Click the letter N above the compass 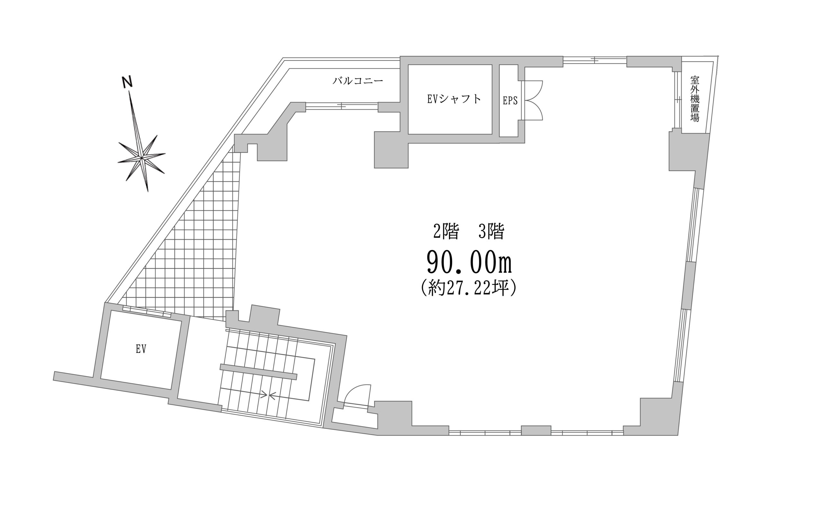tap(127, 82)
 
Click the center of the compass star tap(142, 157)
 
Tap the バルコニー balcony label tap(358, 81)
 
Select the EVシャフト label tap(454, 99)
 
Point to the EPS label tap(510, 101)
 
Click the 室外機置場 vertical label tap(695, 99)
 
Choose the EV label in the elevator tap(141, 349)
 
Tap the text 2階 tap(446, 231)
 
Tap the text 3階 tap(491, 231)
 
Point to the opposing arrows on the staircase tap(268, 395)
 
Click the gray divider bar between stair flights tap(258, 372)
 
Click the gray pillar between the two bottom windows tap(536, 430)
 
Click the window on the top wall tap(595, 60)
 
